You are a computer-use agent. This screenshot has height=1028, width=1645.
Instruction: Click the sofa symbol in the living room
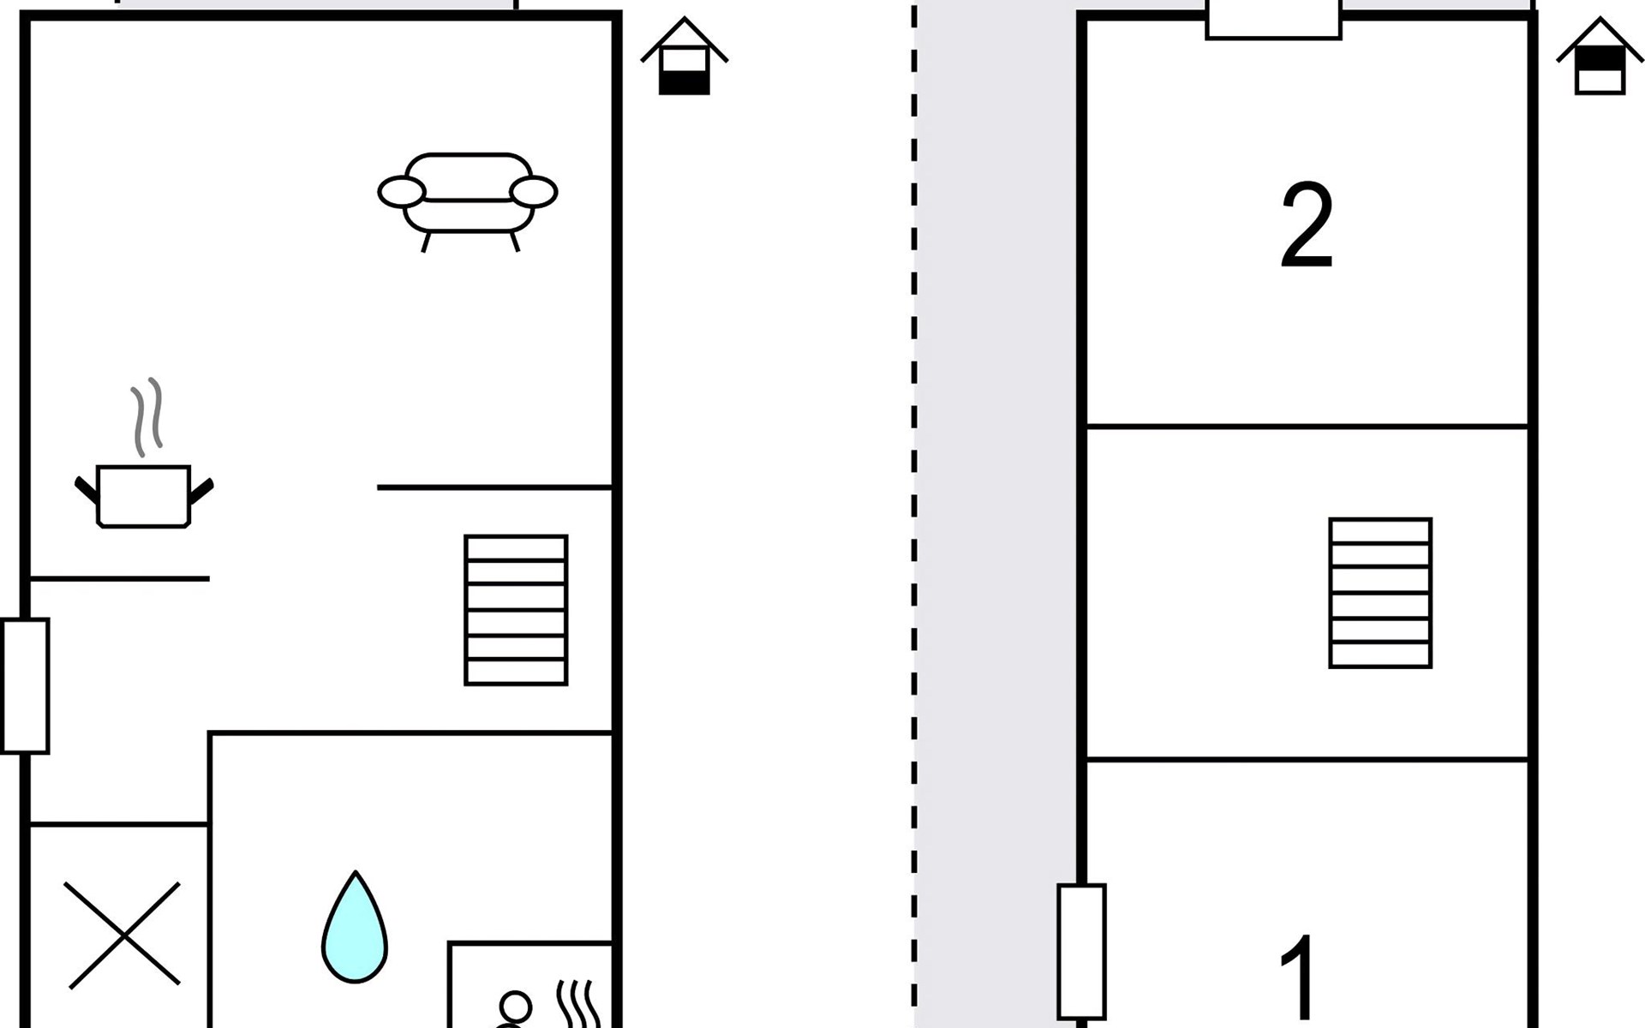tap(468, 202)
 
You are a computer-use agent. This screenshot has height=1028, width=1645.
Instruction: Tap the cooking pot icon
tap(143, 496)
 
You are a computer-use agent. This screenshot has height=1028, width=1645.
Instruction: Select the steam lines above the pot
tap(147, 417)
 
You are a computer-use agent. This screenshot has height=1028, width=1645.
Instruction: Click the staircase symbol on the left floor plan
tap(516, 610)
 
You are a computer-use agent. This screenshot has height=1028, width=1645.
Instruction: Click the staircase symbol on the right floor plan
tap(1380, 593)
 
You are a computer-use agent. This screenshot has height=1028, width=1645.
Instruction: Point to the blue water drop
tap(355, 927)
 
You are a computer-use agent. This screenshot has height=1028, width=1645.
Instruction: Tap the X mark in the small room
tap(123, 935)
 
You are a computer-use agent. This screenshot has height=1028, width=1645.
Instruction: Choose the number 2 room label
tap(1307, 225)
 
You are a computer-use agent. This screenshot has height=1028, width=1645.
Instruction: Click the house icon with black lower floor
tap(685, 57)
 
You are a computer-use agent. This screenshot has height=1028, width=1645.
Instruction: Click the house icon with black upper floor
tap(1600, 57)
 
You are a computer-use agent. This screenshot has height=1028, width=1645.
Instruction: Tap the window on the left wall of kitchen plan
tap(26, 686)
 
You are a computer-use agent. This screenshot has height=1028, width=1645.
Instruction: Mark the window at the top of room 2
tap(1273, 19)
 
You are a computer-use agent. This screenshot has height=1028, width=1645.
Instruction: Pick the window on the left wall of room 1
tap(1082, 951)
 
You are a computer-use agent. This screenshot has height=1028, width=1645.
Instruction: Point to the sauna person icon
tap(513, 1011)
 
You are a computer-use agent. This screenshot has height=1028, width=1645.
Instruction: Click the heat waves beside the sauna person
tap(579, 1005)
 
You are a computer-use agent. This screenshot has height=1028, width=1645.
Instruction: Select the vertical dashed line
tap(914, 514)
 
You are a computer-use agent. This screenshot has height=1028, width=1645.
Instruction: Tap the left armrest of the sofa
tap(401, 192)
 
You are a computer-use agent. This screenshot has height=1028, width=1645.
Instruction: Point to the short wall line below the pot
tap(119, 579)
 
